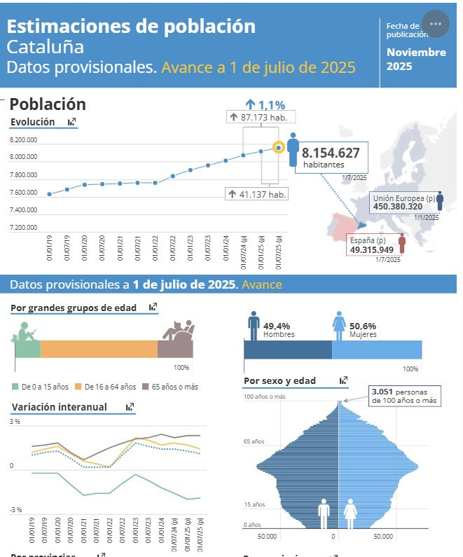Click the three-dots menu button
coord(436,24)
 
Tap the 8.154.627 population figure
coord(331,153)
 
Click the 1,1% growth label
coord(265,105)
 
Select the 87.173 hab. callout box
coord(257,117)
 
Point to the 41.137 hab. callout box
coord(257,194)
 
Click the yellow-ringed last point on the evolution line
coord(279,147)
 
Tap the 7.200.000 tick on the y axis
coord(23,228)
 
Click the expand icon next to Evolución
coord(71,122)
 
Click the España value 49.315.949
coord(372,249)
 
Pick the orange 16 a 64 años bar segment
coord(99,348)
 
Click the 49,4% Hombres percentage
coord(276,326)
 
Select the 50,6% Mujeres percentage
coord(363,326)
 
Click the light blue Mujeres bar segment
coord(377,348)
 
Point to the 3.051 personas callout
coord(404,396)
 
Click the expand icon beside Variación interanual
coord(130,406)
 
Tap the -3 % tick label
coord(15,509)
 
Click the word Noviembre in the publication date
coord(416,53)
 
